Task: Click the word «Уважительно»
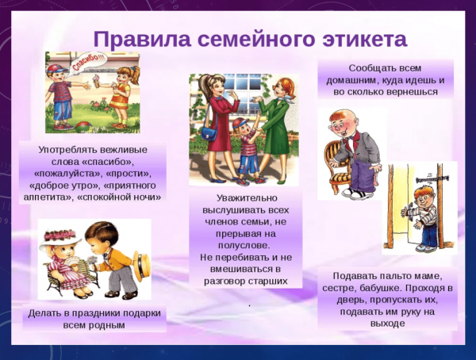click(248, 197)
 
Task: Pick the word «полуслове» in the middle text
click(248, 245)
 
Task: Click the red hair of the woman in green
click(281, 82)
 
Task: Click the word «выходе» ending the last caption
click(387, 324)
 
